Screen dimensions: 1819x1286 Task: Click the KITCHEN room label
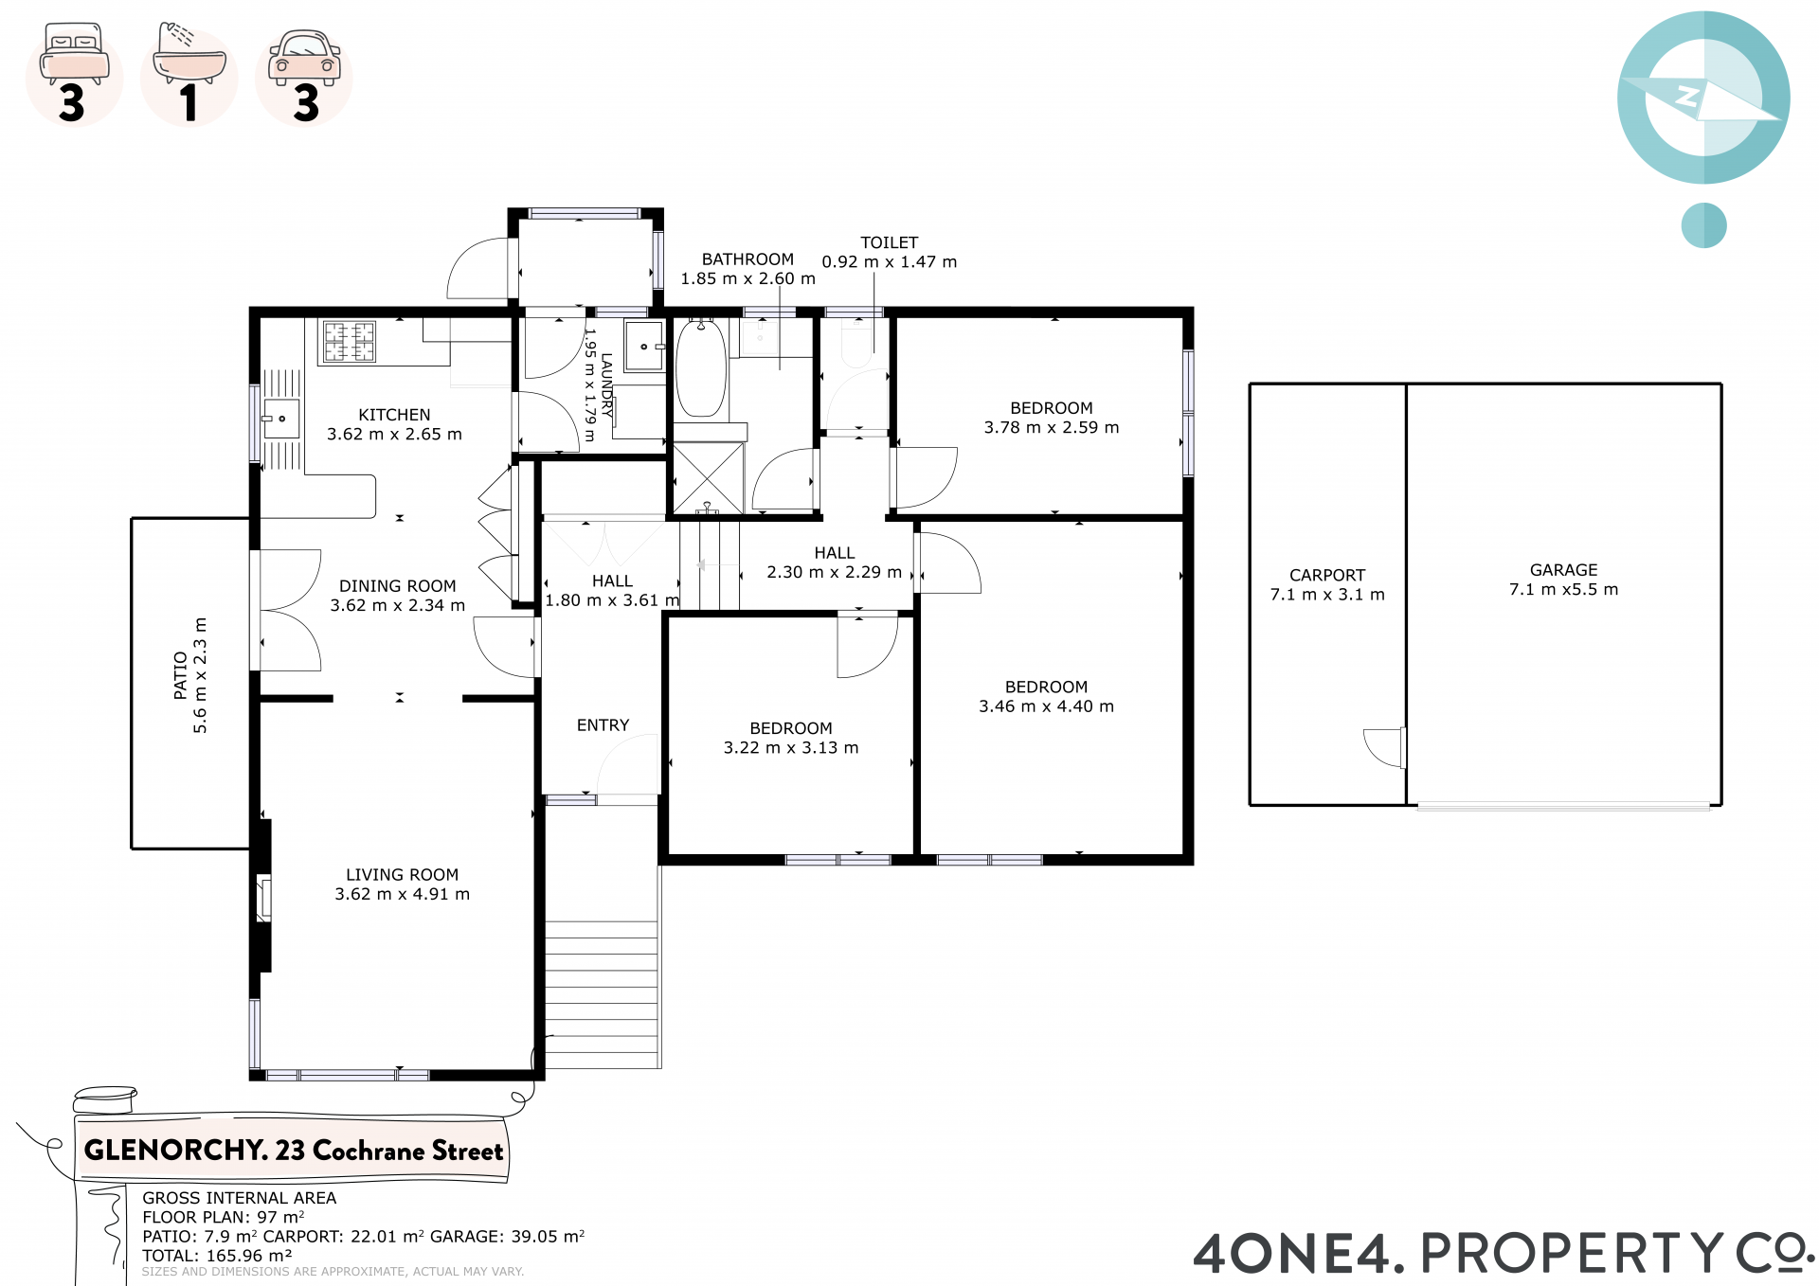coord(394,415)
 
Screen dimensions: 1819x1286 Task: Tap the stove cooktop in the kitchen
coord(350,342)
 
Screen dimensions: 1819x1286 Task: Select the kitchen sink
coord(280,419)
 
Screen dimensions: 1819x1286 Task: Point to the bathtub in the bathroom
coord(701,367)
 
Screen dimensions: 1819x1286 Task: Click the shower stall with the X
coord(708,478)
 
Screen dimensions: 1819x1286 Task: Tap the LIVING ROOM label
coord(402,875)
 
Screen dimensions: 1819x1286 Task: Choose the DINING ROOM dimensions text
coord(398,605)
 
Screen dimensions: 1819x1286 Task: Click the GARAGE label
coord(1563,570)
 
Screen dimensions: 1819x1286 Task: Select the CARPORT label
coord(1327,575)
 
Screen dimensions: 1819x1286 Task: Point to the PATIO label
coord(180,675)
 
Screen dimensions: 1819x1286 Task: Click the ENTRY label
coord(603,725)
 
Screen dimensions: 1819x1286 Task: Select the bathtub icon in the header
coord(189,54)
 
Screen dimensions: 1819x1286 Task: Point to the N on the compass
coord(1687,97)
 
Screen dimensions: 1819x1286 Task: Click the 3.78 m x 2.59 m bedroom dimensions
coord(1052,428)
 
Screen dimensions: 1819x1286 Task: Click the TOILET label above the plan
coord(889,243)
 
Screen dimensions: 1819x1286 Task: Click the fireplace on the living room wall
coord(264,899)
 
